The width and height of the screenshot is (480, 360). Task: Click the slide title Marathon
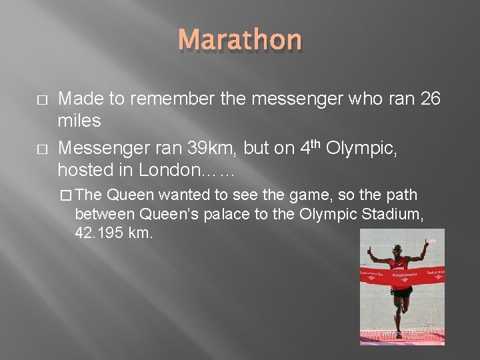[240, 40]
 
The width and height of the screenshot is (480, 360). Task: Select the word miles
[79, 121]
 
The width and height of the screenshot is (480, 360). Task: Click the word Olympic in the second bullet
[363, 148]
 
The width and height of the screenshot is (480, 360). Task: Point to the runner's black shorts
[401, 291]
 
